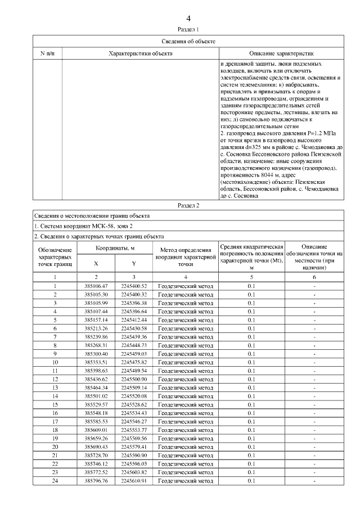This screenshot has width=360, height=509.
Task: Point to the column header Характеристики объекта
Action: coord(140,53)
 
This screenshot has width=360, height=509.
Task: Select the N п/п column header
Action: coord(47,53)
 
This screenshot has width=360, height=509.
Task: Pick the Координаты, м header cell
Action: coord(115,248)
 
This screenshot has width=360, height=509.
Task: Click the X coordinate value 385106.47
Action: coord(96,286)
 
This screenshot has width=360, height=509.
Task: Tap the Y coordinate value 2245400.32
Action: coord(133,295)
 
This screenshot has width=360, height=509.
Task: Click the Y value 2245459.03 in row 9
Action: coord(133,354)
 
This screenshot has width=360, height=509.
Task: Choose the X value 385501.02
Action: coord(96,397)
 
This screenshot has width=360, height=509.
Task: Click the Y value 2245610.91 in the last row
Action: coord(133,481)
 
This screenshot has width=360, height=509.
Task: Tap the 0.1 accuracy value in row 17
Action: coord(251,422)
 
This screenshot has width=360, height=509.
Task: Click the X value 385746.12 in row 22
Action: coord(96,464)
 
